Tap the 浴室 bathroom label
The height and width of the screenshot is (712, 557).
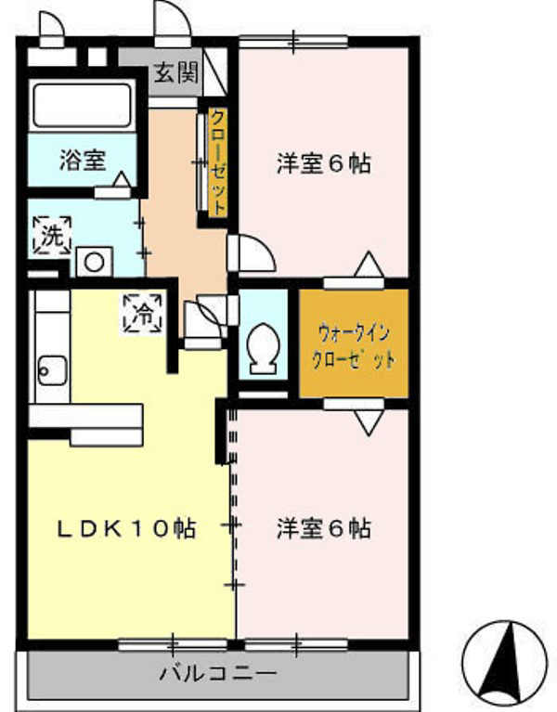(x=82, y=160)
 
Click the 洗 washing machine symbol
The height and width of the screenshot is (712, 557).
(x=52, y=235)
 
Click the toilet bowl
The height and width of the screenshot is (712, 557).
(x=265, y=345)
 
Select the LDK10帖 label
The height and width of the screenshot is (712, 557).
(x=126, y=529)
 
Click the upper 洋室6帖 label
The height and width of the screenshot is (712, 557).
(x=323, y=163)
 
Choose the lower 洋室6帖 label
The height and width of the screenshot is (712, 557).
(x=323, y=529)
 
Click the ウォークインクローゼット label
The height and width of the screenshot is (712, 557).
(x=355, y=344)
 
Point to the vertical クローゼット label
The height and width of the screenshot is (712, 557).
(x=215, y=162)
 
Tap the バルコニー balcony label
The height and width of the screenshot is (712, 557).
(x=217, y=671)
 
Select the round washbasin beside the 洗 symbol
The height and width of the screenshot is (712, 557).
(x=94, y=261)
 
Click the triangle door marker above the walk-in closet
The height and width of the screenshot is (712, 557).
(x=369, y=265)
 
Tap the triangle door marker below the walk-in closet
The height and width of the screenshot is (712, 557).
(x=369, y=421)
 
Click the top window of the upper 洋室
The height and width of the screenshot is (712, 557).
(x=293, y=41)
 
